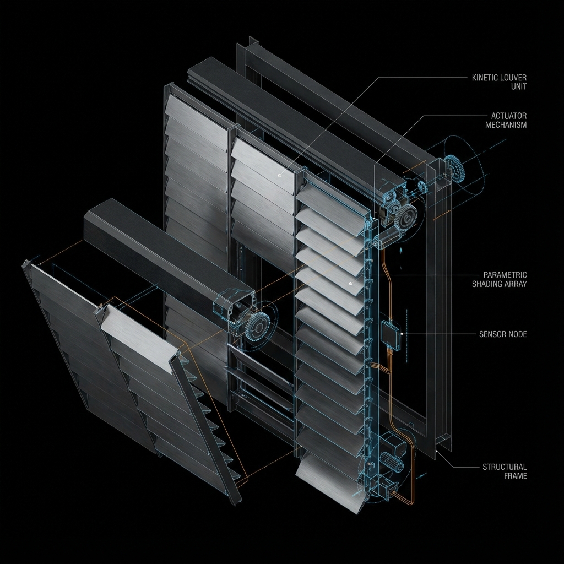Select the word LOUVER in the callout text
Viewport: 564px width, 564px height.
click(x=513, y=78)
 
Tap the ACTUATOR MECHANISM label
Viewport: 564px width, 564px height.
click(x=506, y=120)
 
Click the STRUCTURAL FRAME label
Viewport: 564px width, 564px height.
click(x=505, y=471)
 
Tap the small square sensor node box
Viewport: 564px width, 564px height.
click(x=389, y=333)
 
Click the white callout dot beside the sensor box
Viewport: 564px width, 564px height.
click(x=403, y=333)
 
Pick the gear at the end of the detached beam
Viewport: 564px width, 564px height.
click(x=257, y=328)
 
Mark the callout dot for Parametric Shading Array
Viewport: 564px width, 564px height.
click(x=350, y=284)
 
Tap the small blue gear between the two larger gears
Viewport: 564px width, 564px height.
click(x=422, y=186)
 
